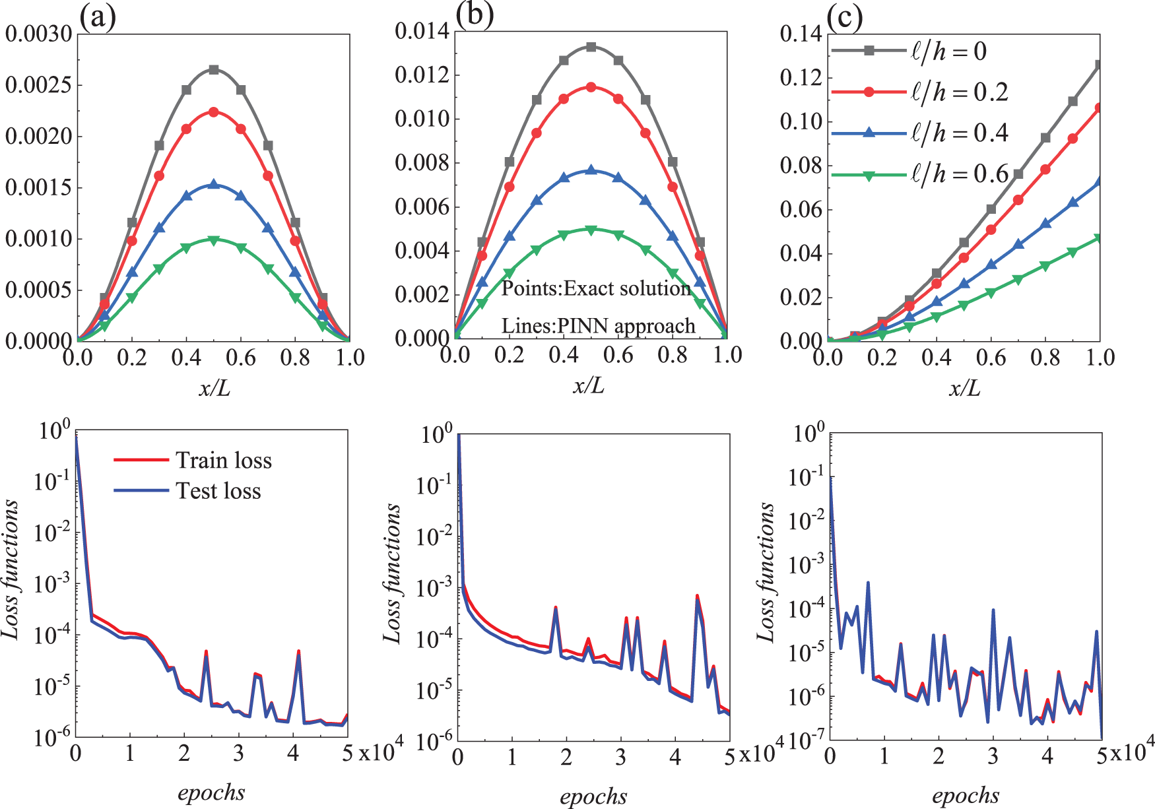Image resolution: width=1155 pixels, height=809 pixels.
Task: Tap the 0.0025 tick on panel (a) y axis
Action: coord(38,85)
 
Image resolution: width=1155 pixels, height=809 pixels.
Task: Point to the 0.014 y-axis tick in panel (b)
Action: coord(422,31)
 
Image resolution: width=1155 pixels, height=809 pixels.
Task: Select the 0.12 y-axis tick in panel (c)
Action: coord(801,78)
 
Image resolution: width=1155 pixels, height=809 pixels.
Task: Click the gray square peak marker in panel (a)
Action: coord(214,69)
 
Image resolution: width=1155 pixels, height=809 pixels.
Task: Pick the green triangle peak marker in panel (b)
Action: coord(591,230)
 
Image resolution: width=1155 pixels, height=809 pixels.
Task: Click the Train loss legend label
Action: coord(224,460)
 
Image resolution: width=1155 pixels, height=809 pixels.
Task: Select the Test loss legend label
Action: coord(218,491)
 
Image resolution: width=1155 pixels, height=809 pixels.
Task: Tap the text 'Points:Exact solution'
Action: coord(596,288)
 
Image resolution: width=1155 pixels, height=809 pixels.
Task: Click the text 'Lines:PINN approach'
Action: coord(598,326)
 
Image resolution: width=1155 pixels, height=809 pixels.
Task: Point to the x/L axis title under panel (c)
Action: coord(964,388)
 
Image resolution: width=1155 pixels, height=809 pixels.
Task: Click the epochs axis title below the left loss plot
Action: coord(211,792)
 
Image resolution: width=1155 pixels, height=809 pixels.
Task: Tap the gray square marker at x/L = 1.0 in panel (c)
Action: coord(1100,65)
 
